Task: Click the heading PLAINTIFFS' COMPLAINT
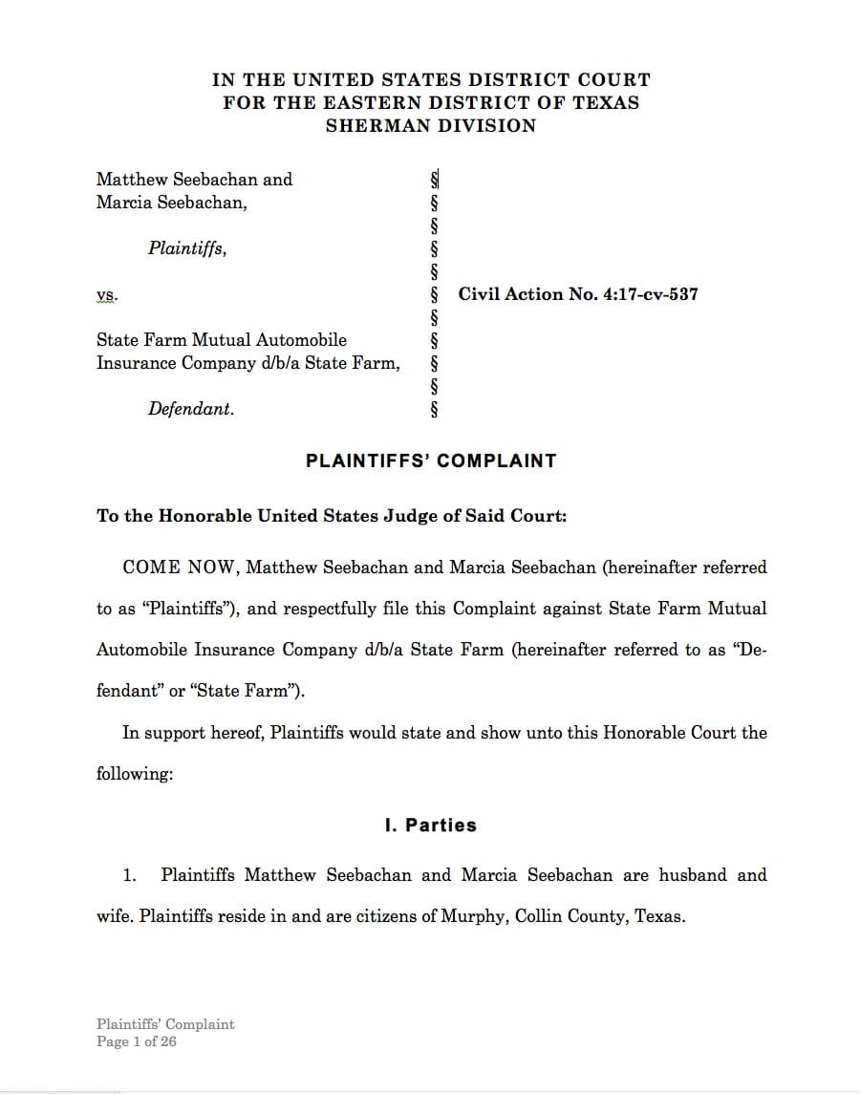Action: point(430,461)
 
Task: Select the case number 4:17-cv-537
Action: point(648,294)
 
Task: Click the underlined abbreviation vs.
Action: point(107,295)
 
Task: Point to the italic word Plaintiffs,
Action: point(187,248)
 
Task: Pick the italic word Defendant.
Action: point(190,409)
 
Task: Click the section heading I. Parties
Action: point(430,826)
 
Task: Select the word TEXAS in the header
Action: point(606,103)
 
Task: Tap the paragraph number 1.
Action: point(130,875)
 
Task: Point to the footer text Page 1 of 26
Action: point(137,1041)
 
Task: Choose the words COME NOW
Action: point(180,568)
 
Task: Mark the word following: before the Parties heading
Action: point(135,774)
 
